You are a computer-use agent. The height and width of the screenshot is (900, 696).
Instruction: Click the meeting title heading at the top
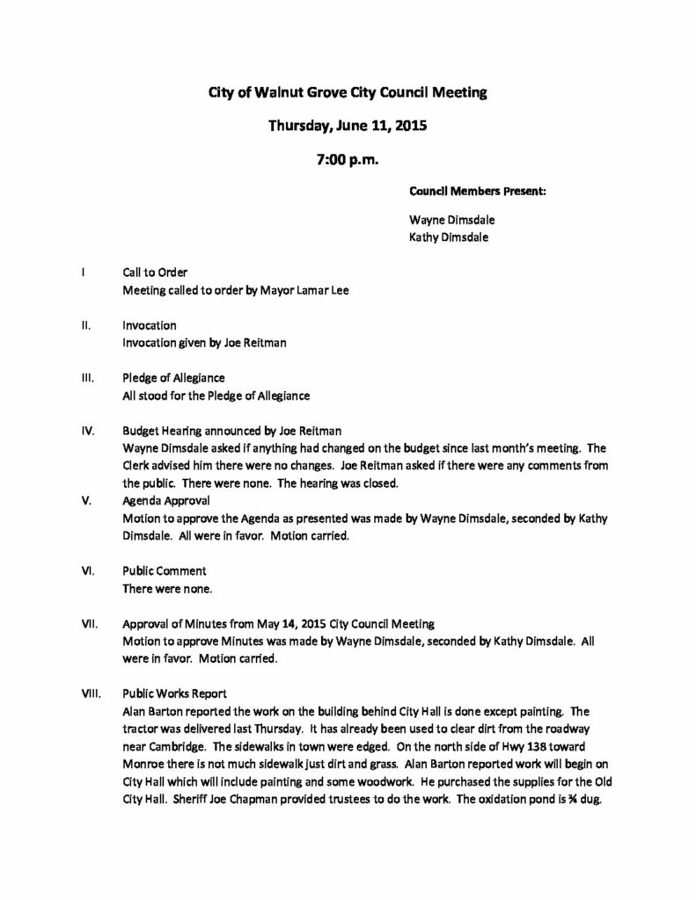pyautogui.click(x=347, y=91)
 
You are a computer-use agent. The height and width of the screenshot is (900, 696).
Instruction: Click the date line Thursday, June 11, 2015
pyautogui.click(x=347, y=125)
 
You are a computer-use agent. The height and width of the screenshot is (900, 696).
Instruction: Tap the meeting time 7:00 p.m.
pyautogui.click(x=348, y=159)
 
